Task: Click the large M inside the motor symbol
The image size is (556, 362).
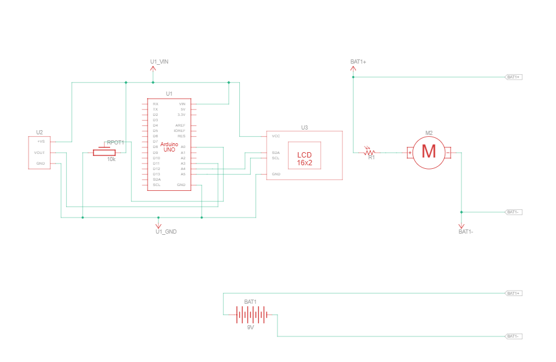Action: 429,152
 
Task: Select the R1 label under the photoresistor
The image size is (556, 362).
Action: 371,158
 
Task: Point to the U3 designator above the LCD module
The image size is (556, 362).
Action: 304,128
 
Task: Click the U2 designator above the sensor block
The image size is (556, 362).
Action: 39,132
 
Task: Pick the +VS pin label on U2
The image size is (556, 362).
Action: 40,141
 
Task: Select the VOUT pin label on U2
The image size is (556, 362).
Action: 40,153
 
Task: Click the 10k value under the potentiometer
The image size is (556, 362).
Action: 111,159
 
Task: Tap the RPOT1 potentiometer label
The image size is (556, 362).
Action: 115,143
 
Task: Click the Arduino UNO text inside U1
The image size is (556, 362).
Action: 169,147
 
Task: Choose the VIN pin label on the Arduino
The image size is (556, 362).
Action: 182,104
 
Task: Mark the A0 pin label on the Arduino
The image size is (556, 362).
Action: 183,147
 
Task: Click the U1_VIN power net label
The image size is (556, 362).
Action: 159,62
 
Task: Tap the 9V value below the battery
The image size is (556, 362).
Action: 251,328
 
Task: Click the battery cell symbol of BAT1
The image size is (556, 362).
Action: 250,314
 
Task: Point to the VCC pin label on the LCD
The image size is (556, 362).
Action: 276,136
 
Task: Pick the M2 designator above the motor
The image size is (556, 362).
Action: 429,133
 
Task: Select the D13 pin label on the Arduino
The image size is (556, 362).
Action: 156,174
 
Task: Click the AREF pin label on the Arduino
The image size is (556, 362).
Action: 180,125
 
